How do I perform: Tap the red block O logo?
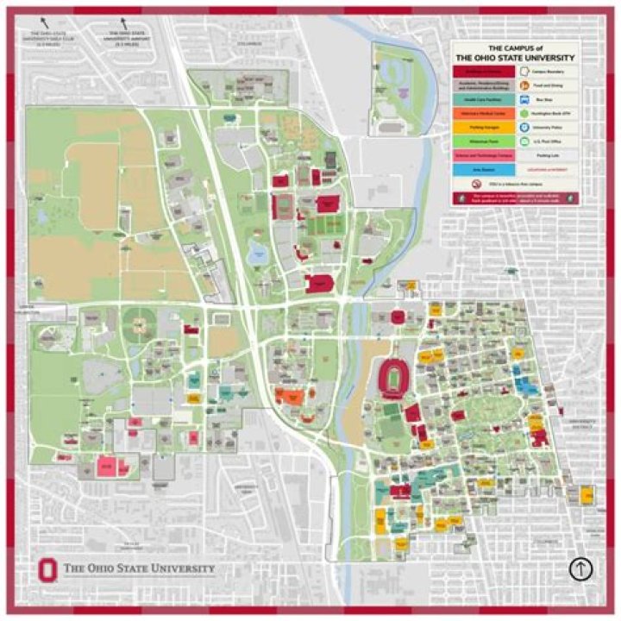point(47,569)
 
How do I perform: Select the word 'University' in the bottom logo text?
point(178,568)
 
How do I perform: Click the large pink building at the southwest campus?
point(107,466)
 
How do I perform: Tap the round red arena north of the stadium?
point(398,317)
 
